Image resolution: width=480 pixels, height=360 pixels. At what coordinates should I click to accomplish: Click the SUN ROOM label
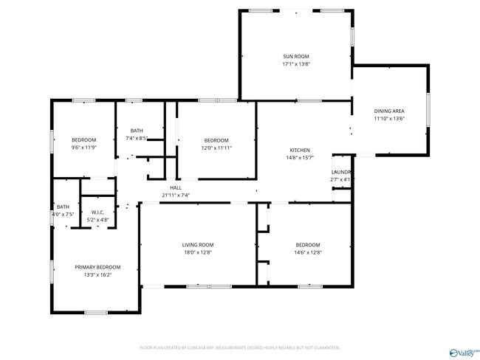296,57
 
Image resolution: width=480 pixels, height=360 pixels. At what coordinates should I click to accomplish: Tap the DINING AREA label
388,111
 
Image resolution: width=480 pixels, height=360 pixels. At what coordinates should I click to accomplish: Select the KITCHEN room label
299,150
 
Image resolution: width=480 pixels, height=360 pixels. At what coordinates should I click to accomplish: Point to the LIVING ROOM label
198,245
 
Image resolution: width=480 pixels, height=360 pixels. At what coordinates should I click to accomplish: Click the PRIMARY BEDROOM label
97,267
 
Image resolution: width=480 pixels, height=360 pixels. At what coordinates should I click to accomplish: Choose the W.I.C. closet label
97,212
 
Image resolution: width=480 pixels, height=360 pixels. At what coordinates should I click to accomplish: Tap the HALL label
176,188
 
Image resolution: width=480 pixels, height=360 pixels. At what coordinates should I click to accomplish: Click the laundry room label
340,172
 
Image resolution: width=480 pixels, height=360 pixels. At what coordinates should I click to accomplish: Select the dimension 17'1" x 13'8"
296,64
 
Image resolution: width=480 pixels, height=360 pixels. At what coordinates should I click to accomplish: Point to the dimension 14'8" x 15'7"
299,157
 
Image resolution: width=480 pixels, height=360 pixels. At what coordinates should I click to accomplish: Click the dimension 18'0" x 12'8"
198,252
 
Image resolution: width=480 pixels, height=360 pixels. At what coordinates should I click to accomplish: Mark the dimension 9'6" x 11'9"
83,148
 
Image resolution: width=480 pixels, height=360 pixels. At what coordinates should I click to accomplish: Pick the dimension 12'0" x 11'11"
216,148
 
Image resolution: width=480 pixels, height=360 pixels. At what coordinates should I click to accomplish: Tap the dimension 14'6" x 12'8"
308,252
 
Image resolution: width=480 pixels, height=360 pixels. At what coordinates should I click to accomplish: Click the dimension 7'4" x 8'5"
137,138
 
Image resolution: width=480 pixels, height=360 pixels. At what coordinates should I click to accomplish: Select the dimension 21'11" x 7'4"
176,195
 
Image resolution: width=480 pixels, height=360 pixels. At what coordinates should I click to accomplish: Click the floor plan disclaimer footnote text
239,347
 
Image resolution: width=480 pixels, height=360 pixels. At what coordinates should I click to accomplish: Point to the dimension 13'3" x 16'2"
97,274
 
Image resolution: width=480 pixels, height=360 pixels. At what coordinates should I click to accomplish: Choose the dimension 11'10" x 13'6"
388,118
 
